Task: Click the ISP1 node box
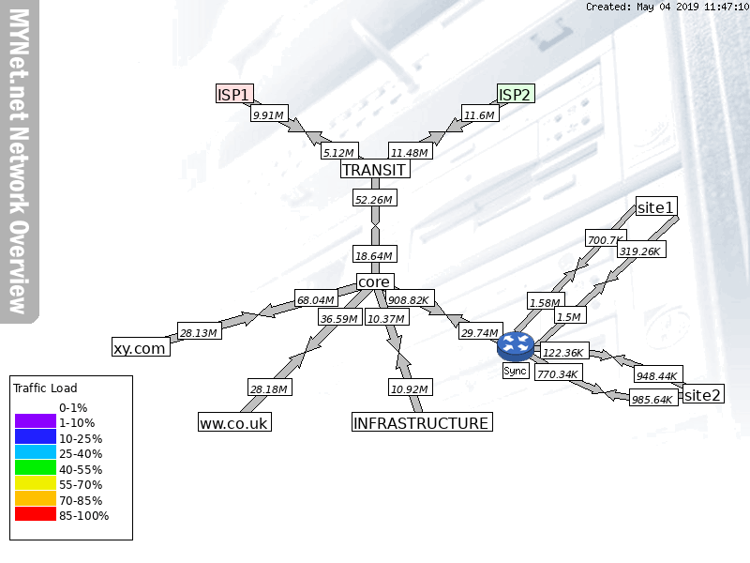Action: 234,94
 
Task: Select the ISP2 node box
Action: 516,94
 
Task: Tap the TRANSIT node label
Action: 374,170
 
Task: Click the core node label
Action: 374,281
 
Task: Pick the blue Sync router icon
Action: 516,345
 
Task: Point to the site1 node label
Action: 655,206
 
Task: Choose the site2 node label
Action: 702,395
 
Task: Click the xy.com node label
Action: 140,348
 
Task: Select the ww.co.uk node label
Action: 234,423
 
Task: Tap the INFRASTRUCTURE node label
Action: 421,423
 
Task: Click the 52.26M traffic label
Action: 374,199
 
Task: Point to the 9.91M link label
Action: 267,115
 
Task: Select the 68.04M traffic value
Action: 315,300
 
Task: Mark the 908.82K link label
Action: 409,300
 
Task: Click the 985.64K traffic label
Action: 652,399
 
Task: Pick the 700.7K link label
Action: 605,240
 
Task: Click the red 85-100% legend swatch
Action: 35,515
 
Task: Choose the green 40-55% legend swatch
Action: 35,468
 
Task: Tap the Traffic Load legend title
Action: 45,388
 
